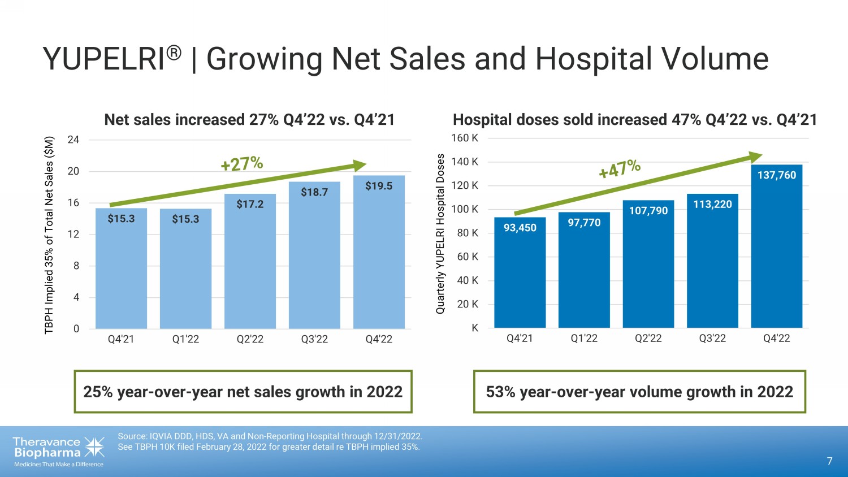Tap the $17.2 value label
coord(250,204)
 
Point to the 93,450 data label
coord(520,228)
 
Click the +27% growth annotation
coord(242,164)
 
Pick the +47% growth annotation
coord(620,168)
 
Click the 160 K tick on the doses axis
coord(464,138)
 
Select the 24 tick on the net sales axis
coord(73,140)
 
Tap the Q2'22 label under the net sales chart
coord(250,339)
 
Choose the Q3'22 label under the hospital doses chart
coord(712,338)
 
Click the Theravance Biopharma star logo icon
coord(94,446)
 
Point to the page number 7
coord(829,461)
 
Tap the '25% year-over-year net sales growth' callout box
coord(243,392)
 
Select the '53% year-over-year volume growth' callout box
coord(639,392)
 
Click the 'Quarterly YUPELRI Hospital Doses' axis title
coord(440,233)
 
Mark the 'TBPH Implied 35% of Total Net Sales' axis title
coord(50,235)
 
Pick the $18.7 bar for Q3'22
coord(314,260)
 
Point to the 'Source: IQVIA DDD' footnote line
coord(270,436)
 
